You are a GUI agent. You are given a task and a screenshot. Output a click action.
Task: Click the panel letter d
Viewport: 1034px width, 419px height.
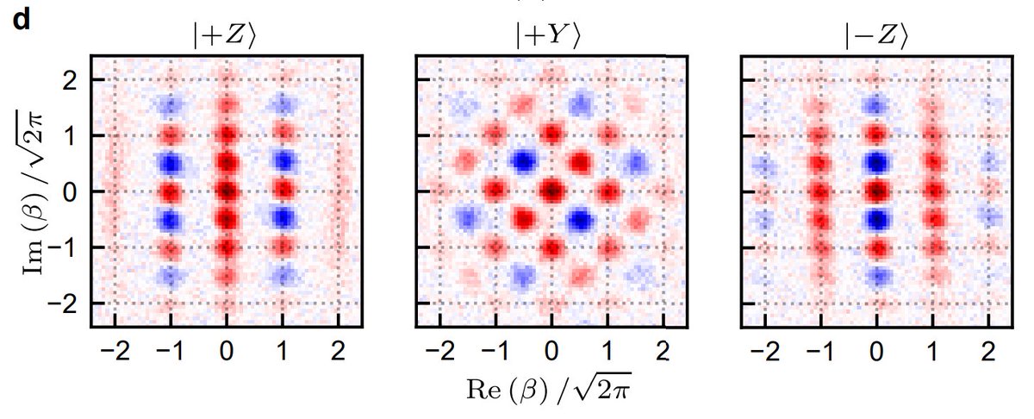click(19, 21)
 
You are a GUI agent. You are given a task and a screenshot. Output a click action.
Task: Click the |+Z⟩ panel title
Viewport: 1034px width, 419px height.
click(226, 38)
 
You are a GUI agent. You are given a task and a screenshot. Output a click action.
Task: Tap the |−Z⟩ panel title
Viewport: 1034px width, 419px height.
click(876, 38)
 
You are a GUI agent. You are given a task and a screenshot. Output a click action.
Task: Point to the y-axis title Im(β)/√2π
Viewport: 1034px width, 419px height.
click(34, 191)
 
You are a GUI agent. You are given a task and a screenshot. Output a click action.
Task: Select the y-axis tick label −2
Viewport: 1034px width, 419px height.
click(65, 304)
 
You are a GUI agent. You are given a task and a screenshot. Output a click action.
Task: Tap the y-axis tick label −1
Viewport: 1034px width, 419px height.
click(65, 248)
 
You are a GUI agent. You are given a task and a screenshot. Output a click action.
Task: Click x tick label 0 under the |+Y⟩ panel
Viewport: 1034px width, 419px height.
click(551, 352)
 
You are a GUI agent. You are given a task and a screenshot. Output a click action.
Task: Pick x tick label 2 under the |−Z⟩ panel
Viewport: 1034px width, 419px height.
click(988, 352)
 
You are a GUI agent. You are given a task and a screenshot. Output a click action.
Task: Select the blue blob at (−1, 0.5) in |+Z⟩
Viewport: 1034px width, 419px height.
click(171, 163)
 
